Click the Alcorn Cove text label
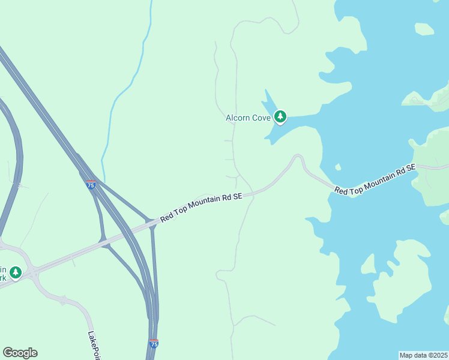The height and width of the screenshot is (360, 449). pos(248,118)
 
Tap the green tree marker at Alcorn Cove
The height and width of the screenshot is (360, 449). pos(280,116)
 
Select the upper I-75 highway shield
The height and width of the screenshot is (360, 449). pos(91,185)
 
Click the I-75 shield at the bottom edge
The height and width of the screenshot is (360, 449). pos(154,344)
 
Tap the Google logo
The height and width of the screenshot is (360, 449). pos(20,353)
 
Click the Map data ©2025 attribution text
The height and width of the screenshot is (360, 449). pos(423,355)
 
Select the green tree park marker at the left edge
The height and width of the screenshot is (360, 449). pos(16,272)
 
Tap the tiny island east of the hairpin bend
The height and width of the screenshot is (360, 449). pos(338,167)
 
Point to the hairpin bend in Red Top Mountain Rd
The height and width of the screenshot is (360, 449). pos(297,157)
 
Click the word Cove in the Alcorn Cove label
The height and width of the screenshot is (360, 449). pos(261,118)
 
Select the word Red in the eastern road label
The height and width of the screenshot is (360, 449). pos(341,191)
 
